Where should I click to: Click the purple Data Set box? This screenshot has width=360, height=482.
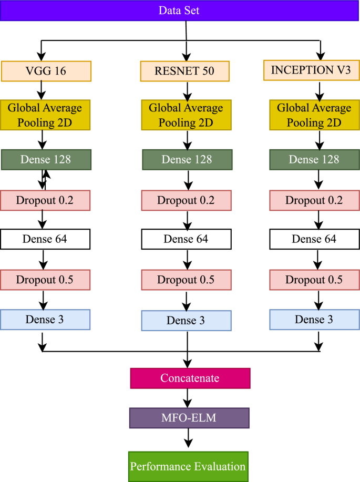180,11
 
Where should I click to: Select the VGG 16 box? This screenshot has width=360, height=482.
46,71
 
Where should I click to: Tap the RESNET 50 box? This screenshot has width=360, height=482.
186,71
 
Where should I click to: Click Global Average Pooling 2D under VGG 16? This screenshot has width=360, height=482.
46,115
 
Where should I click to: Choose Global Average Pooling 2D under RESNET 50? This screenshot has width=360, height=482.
186,115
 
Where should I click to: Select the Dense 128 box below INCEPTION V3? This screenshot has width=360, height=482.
314,160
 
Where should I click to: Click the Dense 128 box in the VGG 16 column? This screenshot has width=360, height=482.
46,160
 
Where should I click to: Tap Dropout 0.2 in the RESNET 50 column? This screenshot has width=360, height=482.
186,200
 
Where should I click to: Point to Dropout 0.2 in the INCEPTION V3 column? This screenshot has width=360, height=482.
314,200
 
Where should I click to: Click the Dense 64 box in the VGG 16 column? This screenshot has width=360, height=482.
46,239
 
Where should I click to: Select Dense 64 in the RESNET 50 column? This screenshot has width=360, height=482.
186,239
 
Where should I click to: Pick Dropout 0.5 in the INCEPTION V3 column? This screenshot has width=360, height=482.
314,280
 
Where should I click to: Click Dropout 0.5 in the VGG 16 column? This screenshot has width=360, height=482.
46,280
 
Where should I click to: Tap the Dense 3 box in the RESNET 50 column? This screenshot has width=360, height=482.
186,320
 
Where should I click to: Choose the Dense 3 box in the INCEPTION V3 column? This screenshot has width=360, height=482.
314,319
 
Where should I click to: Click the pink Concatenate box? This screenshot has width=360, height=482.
190,378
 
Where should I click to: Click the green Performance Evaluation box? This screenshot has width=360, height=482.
188,466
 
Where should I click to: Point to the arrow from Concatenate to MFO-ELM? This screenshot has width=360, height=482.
188,398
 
